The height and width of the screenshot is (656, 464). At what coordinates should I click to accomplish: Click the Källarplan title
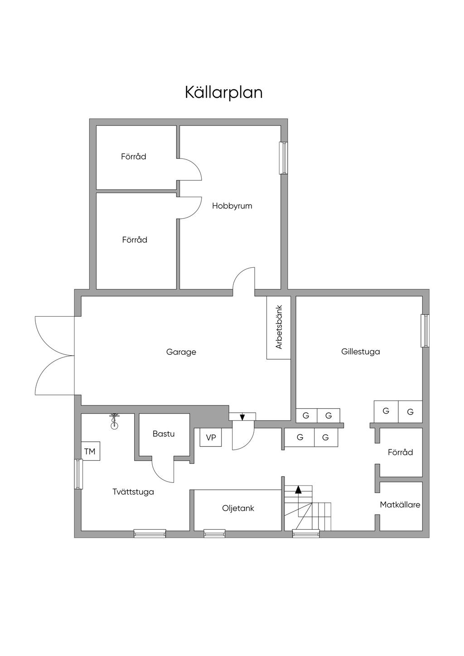pos(223,92)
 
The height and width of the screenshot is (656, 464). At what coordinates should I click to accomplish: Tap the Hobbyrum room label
pos(232,206)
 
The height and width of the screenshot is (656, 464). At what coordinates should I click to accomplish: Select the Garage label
pos(181,352)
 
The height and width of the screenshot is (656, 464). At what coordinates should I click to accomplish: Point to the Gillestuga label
pos(360,352)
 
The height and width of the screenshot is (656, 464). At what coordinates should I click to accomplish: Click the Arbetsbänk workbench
pos(279,328)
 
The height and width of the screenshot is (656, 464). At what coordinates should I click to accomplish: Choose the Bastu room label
pos(164,434)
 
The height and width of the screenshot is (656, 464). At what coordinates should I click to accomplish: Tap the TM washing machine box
pos(91,451)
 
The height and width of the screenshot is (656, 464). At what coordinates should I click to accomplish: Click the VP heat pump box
pos(211,437)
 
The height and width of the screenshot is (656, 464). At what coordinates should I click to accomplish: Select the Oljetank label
pos(238,508)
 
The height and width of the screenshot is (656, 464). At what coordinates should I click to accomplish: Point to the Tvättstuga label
pos(133,492)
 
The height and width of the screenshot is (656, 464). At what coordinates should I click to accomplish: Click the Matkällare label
pos(400,505)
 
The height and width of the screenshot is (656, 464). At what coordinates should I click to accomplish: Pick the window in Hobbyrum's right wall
pos(284,158)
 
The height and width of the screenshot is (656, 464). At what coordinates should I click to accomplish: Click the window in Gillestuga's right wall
pos(425,331)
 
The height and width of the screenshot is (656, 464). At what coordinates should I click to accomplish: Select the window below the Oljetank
pos(214,533)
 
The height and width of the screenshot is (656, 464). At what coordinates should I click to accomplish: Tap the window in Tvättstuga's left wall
pos(78,474)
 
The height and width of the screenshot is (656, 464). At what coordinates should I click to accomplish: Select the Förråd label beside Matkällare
pos(400,452)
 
